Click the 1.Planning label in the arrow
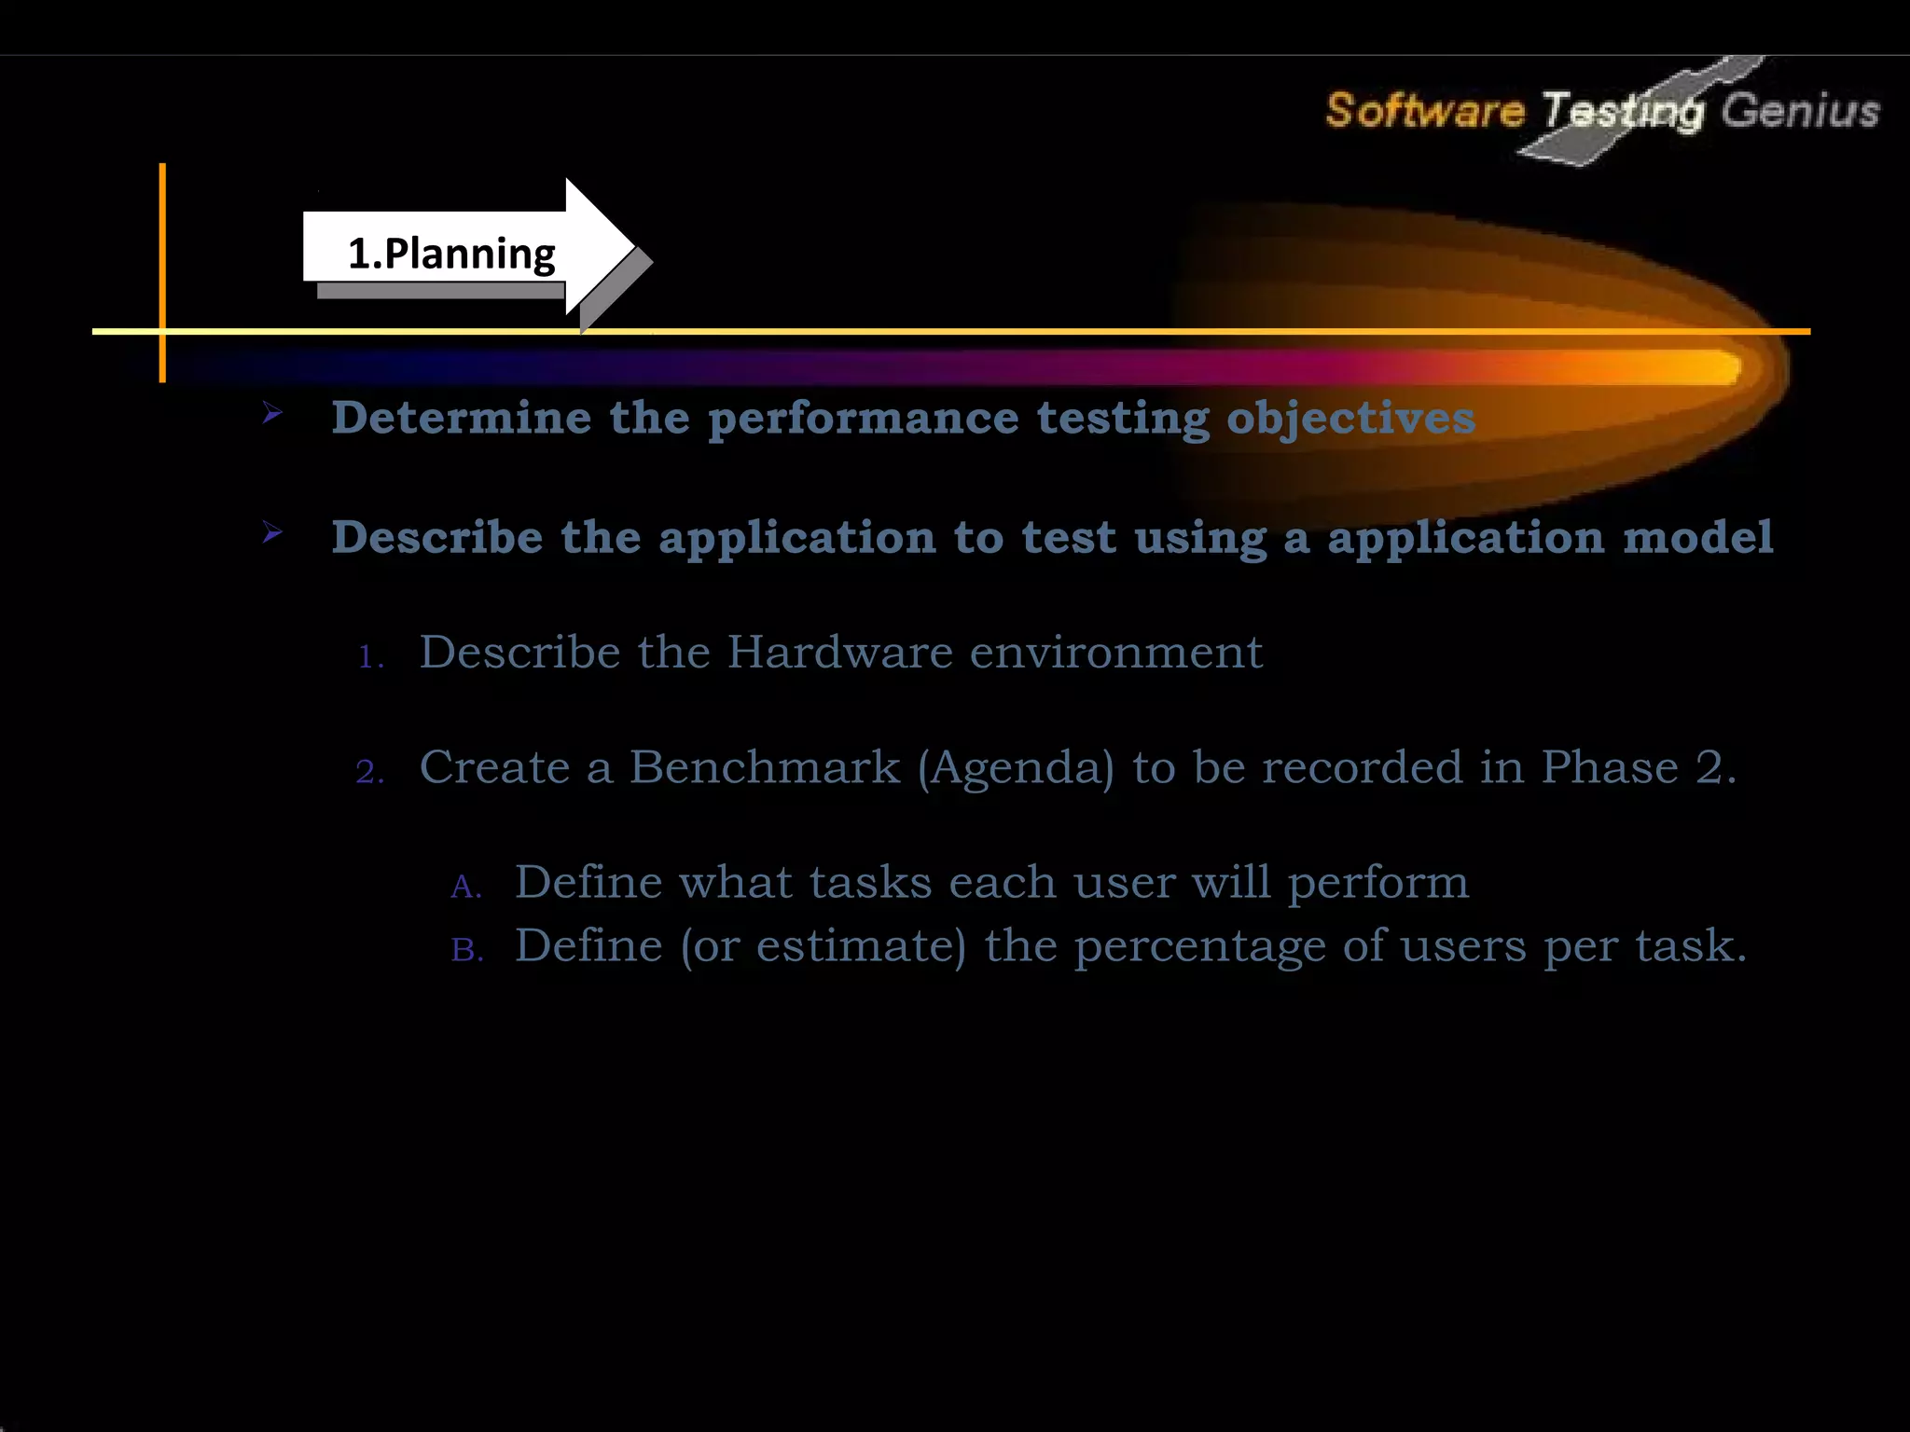pyautogui.click(x=451, y=254)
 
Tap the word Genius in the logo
pyautogui.click(x=1799, y=110)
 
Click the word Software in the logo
pyautogui.click(x=1424, y=110)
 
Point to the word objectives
pyautogui.click(x=1350, y=419)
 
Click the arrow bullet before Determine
pyautogui.click(x=272, y=412)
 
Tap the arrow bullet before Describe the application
pyautogui.click(x=272, y=532)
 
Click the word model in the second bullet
pyautogui.click(x=1697, y=537)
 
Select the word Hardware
pyautogui.click(x=839, y=652)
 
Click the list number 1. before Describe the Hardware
pyautogui.click(x=371, y=657)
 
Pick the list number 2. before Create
pyautogui.click(x=370, y=772)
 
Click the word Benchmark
pyautogui.click(x=765, y=767)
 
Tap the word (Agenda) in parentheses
pyautogui.click(x=1016, y=769)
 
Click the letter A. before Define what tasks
pyautogui.click(x=465, y=887)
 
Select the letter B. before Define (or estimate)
pyautogui.click(x=467, y=950)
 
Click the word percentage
pyautogui.click(x=1199, y=947)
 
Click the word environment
pyautogui.click(x=1115, y=652)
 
